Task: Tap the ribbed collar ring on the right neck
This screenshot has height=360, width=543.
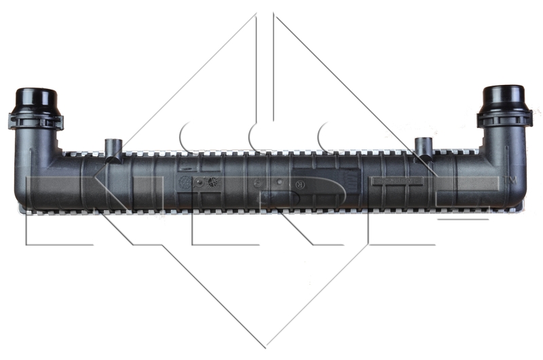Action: point(503,120)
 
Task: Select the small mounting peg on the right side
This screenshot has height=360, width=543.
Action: point(424,145)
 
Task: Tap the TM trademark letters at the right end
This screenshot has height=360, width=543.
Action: point(510,180)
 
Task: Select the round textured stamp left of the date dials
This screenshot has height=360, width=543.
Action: point(185,182)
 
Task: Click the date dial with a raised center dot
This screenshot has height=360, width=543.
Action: point(198,182)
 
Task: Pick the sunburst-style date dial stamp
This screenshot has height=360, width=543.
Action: point(212,182)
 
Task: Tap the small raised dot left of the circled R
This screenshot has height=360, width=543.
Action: point(278,183)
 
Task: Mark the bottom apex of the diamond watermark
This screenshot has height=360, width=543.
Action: point(265,347)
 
